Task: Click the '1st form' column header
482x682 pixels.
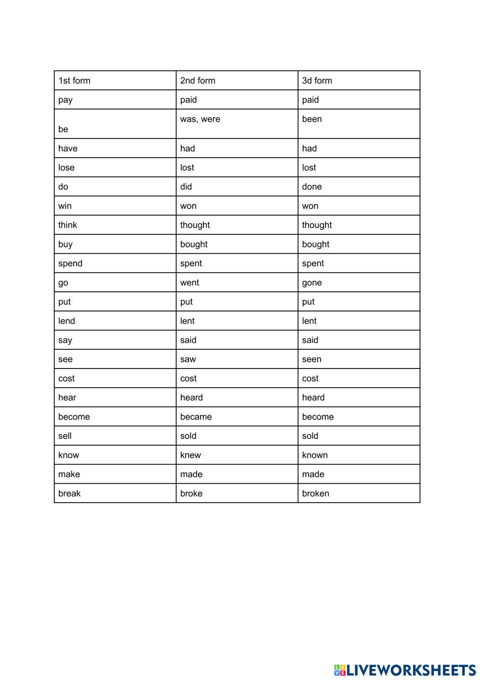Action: [74, 81]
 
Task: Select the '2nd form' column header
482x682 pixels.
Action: [198, 81]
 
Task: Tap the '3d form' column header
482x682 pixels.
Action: [317, 81]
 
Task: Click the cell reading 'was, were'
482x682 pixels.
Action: [200, 119]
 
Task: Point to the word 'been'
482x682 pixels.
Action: [312, 119]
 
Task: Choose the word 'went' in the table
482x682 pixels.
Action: [189, 283]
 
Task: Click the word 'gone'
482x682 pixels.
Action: [312, 283]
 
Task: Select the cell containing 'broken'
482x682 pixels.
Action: [316, 493]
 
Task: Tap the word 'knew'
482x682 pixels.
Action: [190, 455]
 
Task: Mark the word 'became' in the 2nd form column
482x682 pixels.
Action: [196, 417]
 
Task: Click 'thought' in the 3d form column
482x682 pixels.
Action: [317, 225]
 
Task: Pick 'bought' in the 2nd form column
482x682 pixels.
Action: [194, 244]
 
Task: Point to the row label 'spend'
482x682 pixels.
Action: [70, 263]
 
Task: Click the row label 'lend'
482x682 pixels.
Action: [67, 321]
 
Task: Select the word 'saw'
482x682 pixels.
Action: [188, 359]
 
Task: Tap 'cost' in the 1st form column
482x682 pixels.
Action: [67, 379]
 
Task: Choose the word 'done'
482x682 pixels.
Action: [312, 187]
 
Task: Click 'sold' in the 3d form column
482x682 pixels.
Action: [310, 436]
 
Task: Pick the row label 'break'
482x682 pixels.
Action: [69, 493]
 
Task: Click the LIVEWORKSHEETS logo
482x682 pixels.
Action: [405, 670]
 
